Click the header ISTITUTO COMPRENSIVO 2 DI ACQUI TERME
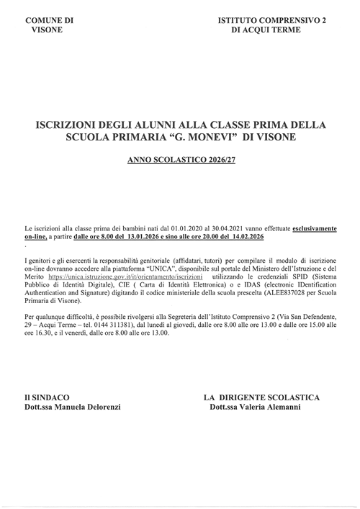pyautogui.click(x=271, y=27)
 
